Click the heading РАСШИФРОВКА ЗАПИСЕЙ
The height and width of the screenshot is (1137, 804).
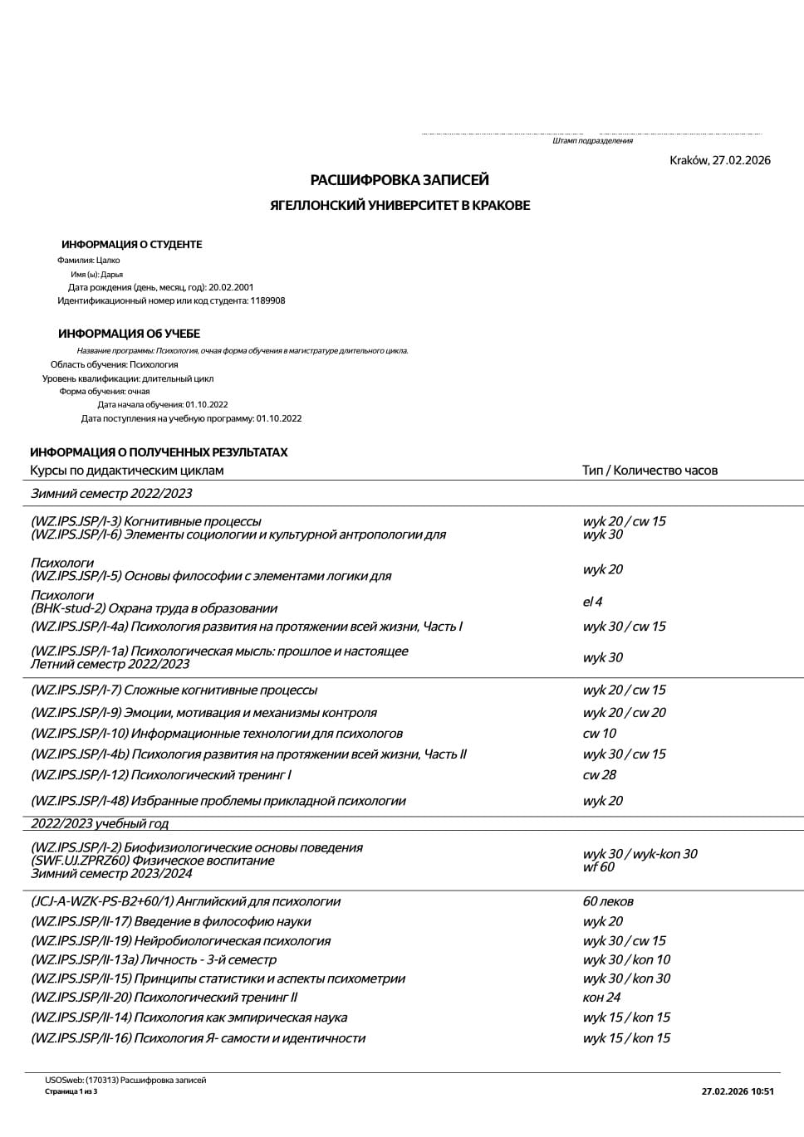tap(400, 180)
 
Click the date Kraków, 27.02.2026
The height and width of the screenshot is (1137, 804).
tap(720, 160)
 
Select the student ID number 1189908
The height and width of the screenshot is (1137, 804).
tap(267, 300)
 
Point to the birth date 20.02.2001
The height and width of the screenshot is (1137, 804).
tap(231, 287)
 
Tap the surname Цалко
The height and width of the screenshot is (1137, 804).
tap(108, 260)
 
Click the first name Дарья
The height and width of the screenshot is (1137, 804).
tap(111, 274)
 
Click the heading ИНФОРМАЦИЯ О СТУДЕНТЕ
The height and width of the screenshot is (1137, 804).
tap(131, 245)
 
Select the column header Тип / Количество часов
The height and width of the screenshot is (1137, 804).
tap(650, 471)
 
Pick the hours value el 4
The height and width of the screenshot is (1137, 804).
tap(592, 602)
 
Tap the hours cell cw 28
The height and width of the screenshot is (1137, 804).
tap(599, 775)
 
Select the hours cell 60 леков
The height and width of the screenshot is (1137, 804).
tap(608, 901)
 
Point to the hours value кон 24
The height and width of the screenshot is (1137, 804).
tap(601, 998)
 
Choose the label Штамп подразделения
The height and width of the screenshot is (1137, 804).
tap(592, 141)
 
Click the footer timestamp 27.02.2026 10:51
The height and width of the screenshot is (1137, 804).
tap(738, 1091)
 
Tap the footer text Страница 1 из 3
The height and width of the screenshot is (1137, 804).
tap(71, 1091)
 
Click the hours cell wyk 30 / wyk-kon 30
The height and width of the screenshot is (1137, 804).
tap(640, 854)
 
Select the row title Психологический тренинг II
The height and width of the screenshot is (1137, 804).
tap(215, 998)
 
